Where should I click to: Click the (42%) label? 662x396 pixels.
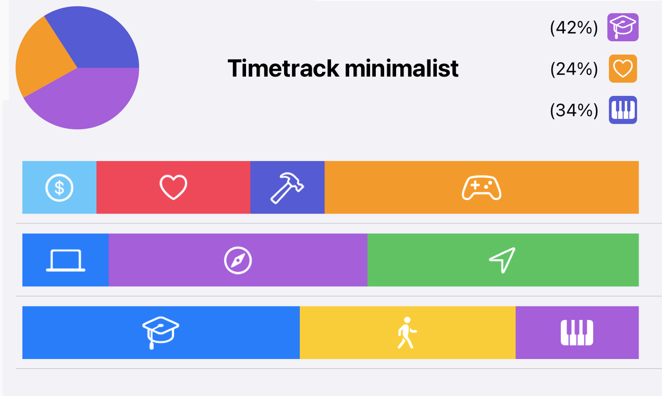(x=574, y=28)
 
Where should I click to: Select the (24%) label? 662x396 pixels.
(x=574, y=69)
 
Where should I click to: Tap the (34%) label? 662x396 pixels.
(x=574, y=110)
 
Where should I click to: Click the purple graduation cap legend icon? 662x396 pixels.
(x=623, y=27)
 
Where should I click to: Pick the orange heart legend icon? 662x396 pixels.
(x=623, y=69)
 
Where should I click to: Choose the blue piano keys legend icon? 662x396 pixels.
(x=623, y=110)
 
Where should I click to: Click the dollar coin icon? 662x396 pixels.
(x=59, y=187)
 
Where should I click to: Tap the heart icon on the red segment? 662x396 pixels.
(x=173, y=187)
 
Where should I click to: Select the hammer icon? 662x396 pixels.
(x=287, y=187)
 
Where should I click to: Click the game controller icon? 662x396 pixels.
(x=481, y=188)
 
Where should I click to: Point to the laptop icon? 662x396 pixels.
(x=66, y=260)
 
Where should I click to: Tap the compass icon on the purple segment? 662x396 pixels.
(x=238, y=260)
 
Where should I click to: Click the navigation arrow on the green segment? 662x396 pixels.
(x=502, y=259)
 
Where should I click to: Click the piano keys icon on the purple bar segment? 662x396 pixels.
(x=577, y=332)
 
